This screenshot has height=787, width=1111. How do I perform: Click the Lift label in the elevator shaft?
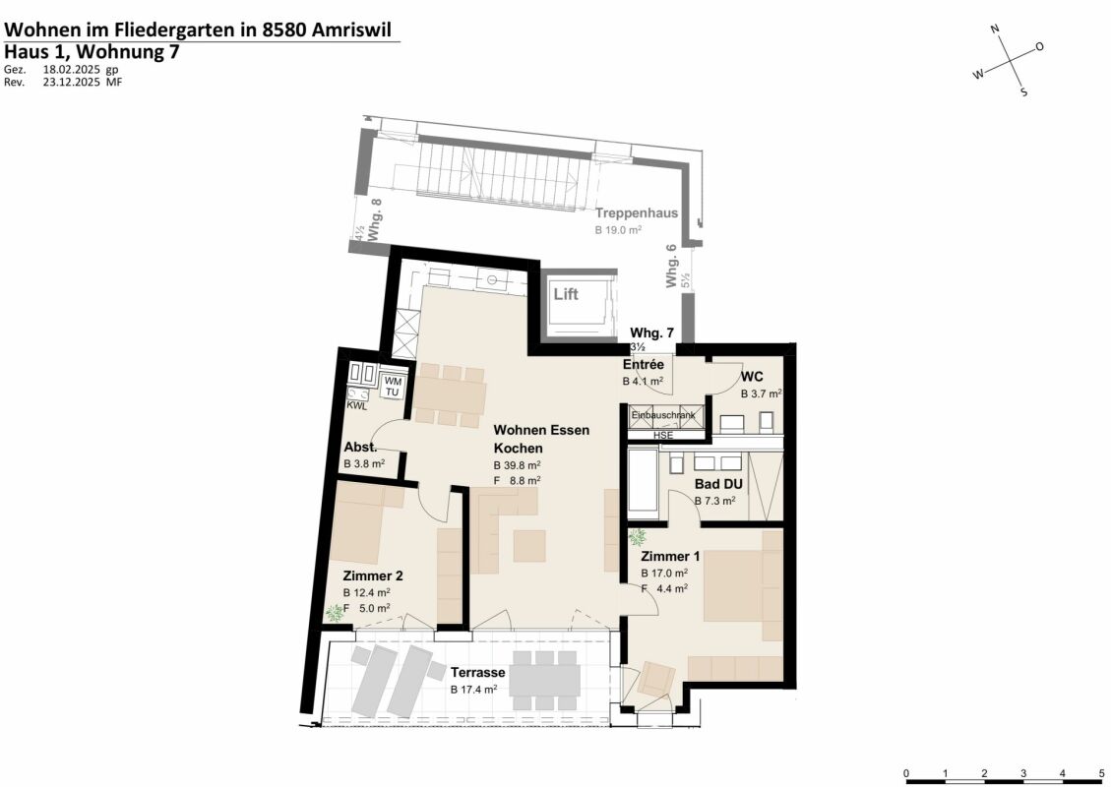[565, 294]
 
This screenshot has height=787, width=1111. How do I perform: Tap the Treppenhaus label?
[636, 212]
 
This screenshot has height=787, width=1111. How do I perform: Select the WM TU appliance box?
[393, 387]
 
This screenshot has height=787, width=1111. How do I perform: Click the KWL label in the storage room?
[356, 405]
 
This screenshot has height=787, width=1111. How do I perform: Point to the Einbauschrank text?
[663, 416]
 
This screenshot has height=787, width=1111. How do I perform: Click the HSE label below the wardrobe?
[663, 434]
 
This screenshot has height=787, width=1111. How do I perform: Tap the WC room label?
[752, 376]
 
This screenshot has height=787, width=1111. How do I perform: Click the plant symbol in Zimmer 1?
[638, 538]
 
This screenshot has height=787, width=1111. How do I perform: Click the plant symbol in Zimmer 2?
[335, 613]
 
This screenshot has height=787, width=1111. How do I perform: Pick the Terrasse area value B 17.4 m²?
[473, 690]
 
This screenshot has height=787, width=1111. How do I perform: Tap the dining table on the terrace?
[545, 679]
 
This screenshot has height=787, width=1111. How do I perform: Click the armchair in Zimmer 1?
[656, 679]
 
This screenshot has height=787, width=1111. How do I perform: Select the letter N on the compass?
[995, 30]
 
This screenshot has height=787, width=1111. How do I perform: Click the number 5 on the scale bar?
[1101, 772]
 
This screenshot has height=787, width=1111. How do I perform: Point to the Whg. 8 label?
[375, 213]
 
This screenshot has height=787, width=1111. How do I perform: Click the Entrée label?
[643, 365]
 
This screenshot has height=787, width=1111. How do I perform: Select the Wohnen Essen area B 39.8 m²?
[517, 465]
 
